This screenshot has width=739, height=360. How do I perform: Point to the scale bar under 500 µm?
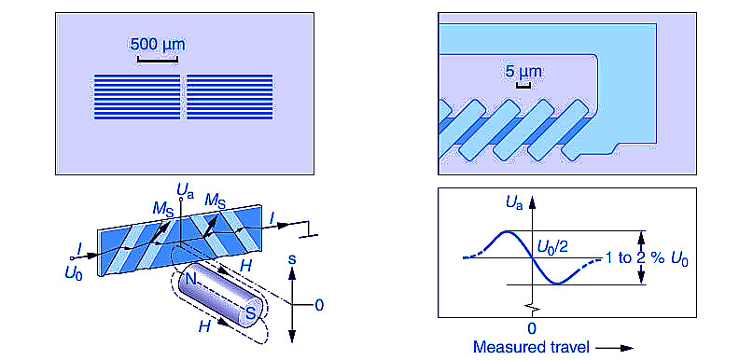pos(158,60)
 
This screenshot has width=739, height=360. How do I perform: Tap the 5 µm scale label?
pos(523,72)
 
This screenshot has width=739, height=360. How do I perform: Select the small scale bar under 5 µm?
pos(523,86)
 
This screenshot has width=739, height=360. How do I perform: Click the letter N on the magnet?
pos(191,279)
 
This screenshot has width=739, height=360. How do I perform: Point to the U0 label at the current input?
pos(74,274)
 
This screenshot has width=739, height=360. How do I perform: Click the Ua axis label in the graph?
pos(515,204)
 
